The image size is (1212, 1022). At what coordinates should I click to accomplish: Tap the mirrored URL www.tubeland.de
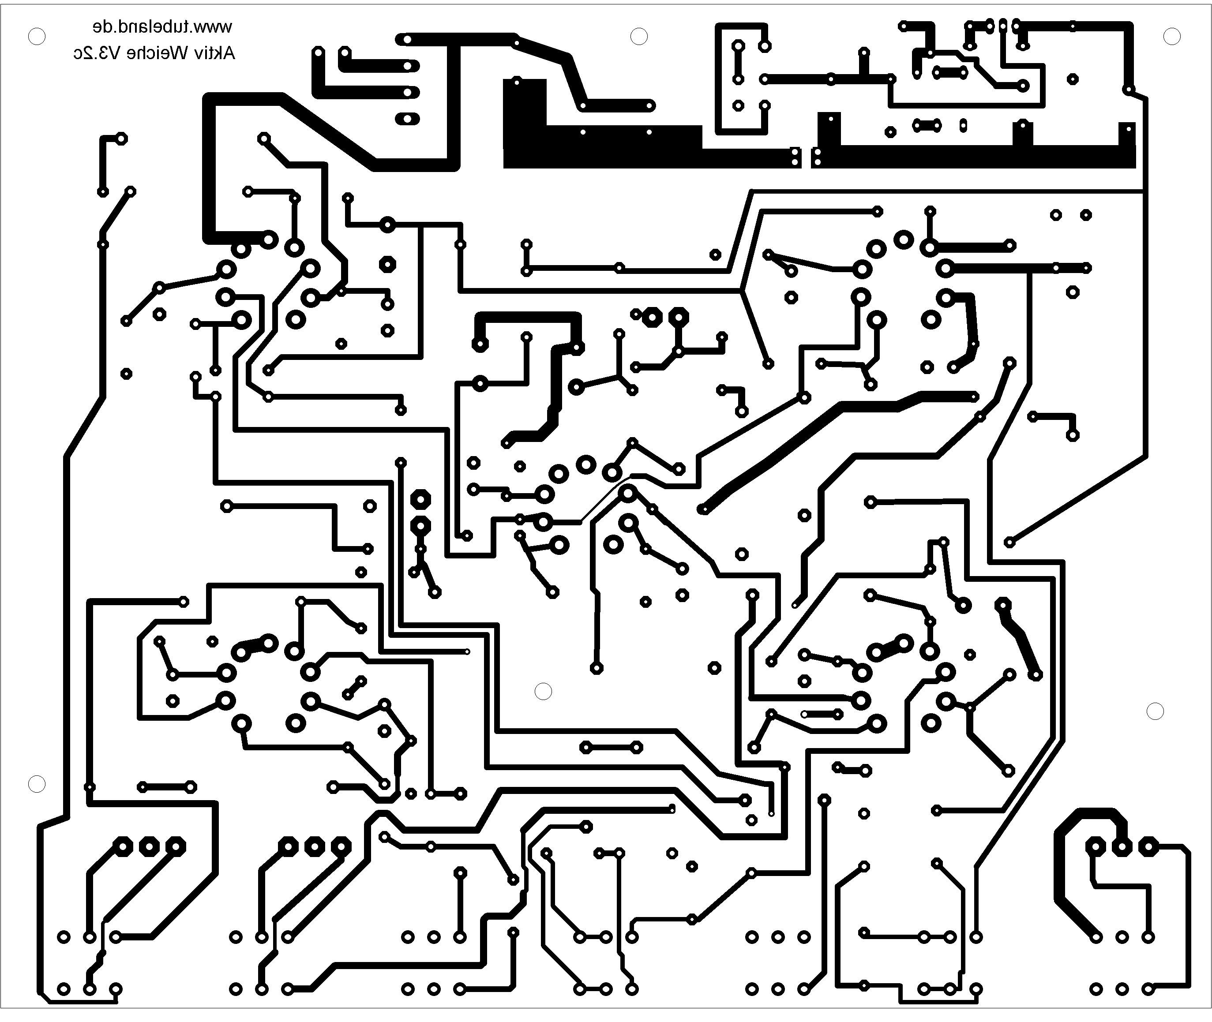(162, 26)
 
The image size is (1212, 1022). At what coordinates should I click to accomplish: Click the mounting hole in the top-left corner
(37, 37)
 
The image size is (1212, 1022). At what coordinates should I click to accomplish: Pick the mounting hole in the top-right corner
(1172, 37)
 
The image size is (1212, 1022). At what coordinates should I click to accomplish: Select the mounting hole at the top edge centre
(639, 37)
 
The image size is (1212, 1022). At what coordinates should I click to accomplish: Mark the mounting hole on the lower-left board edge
(37, 784)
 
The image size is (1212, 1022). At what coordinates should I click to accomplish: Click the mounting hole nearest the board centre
(543, 691)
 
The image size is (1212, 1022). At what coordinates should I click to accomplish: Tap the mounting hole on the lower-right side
(1155, 711)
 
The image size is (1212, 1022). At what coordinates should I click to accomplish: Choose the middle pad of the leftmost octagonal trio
(149, 846)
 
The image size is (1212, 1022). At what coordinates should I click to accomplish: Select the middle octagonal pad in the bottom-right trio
(1122, 846)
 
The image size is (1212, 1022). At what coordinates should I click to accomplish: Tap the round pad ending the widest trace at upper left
(270, 239)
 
